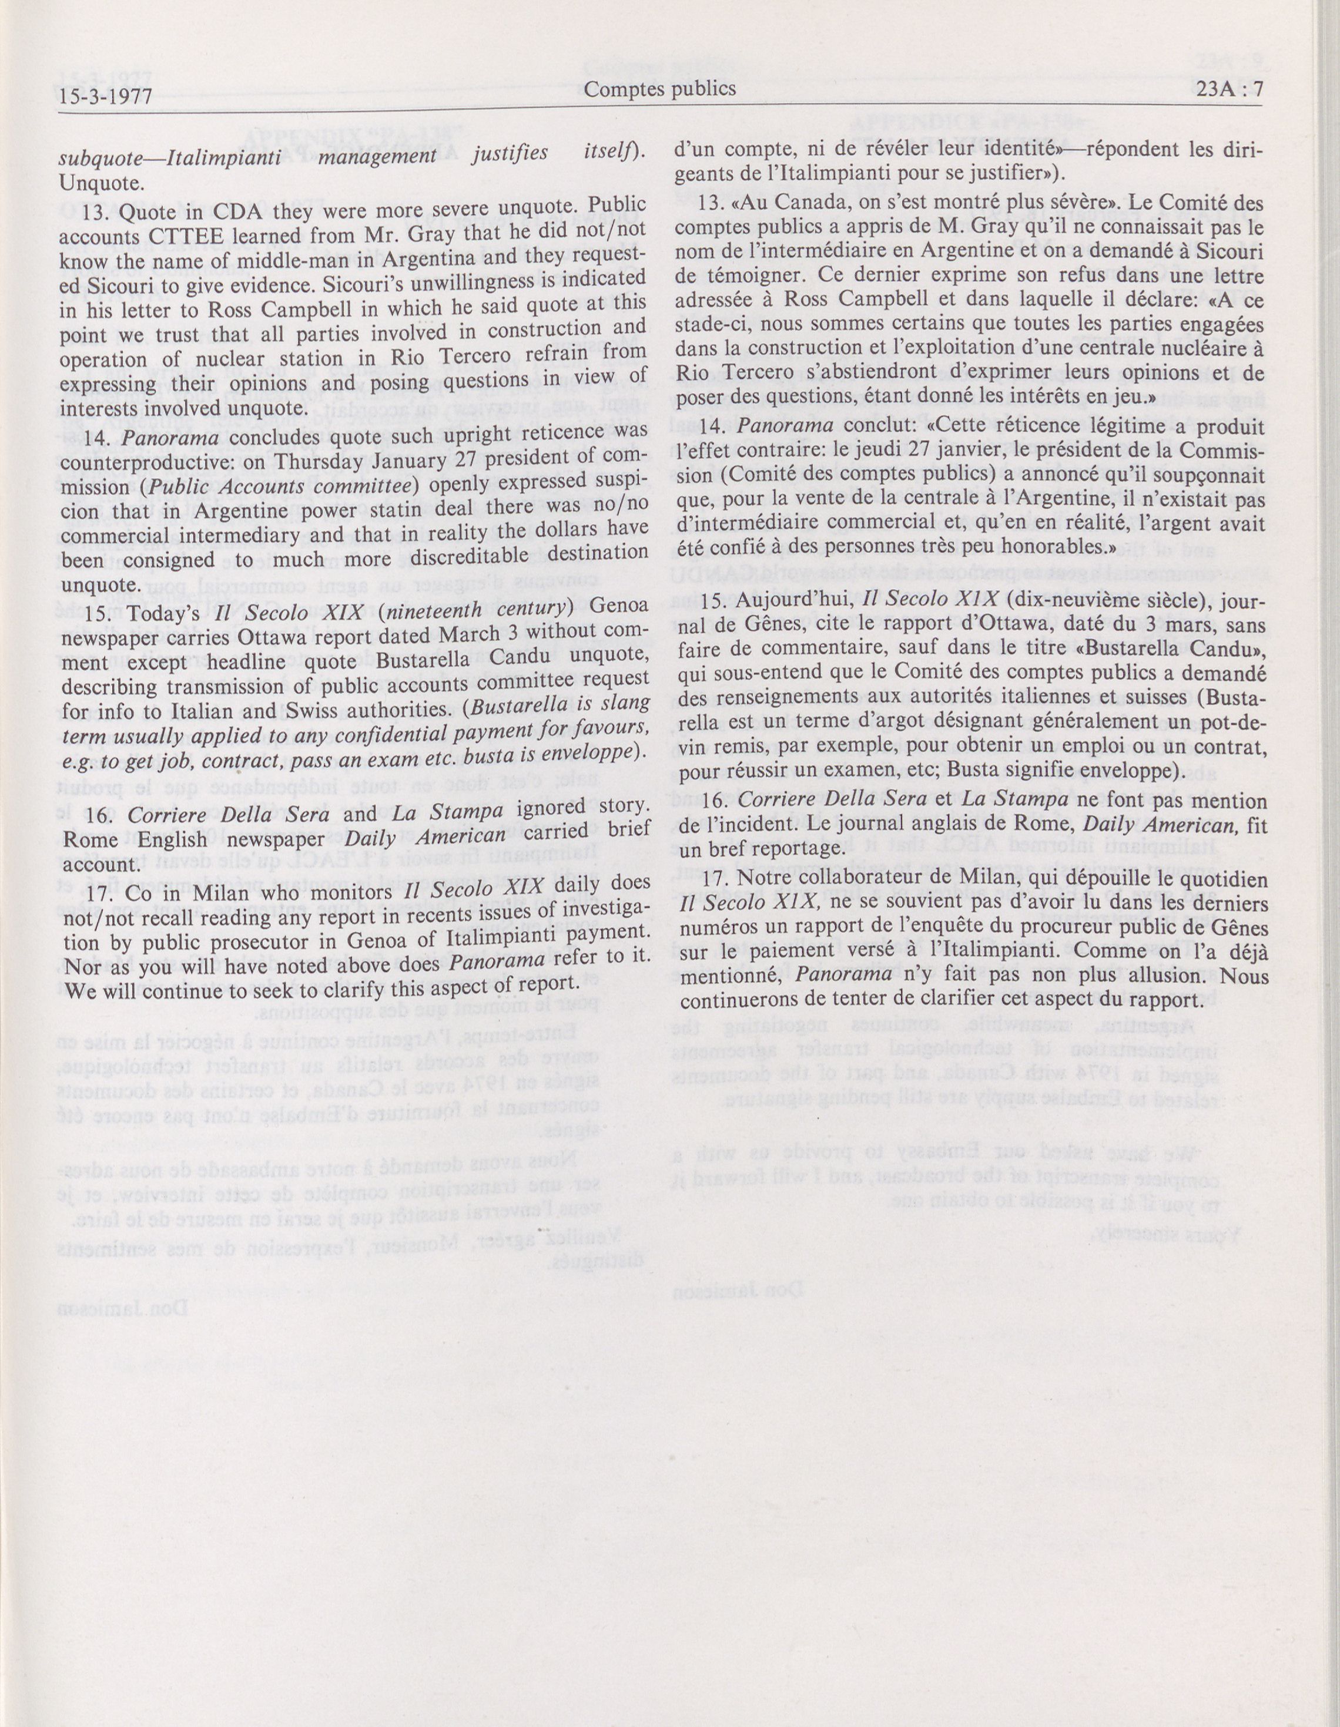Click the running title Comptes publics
point(660,89)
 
